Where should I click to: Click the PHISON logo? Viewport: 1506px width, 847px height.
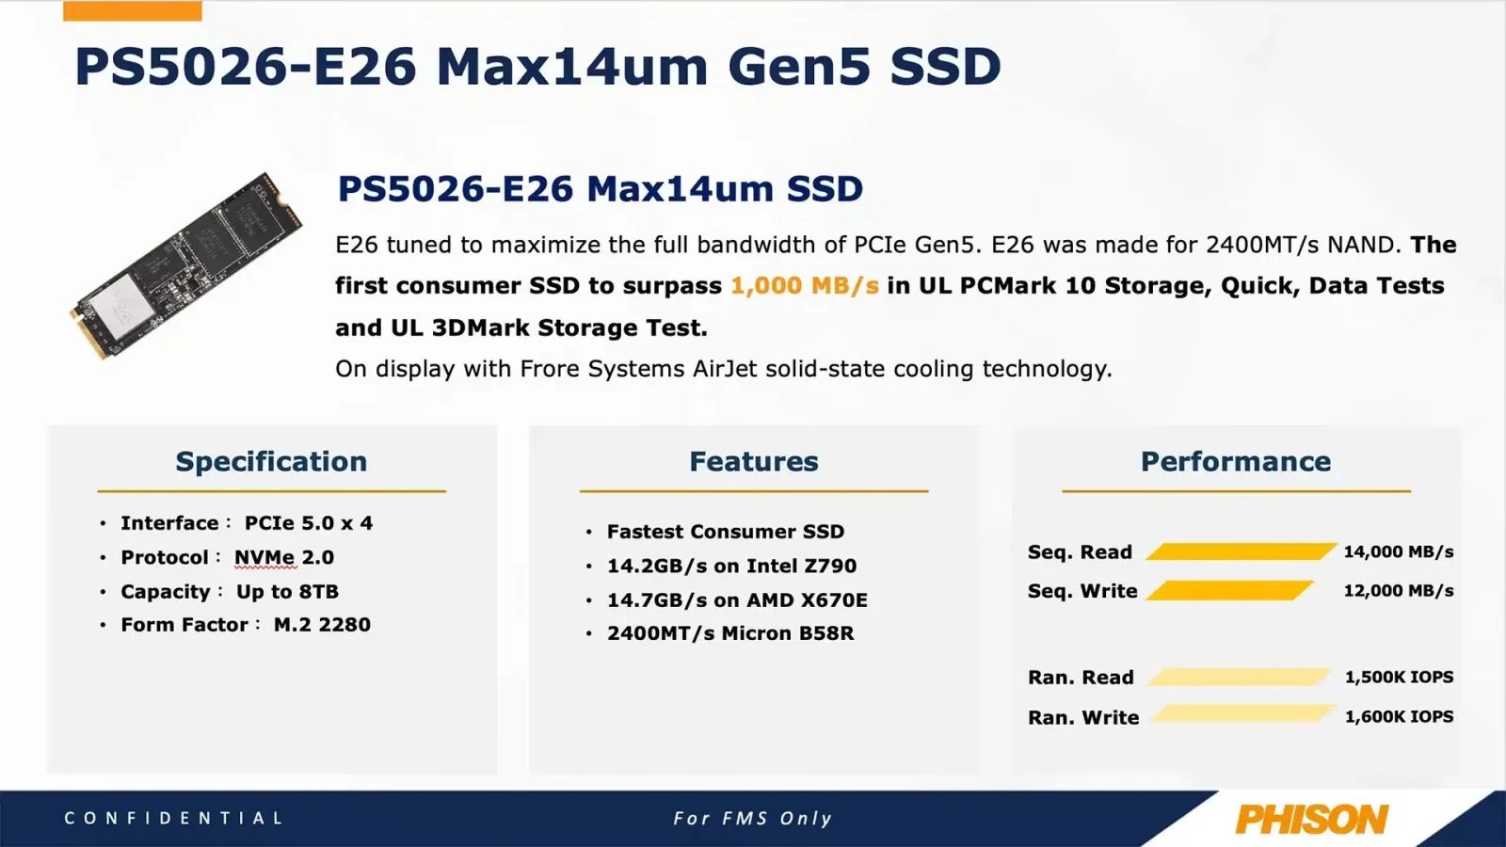(1311, 819)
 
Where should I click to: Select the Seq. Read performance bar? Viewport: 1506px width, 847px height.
(1240, 551)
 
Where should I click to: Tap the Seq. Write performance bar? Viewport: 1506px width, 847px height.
(1229, 591)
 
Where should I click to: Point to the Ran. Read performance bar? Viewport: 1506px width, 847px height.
(1238, 677)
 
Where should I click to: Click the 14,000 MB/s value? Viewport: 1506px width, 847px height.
(1398, 551)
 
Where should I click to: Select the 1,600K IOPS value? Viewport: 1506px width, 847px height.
(1399, 716)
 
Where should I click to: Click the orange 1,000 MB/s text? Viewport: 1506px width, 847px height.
(805, 285)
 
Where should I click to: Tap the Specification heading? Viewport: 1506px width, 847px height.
(271, 461)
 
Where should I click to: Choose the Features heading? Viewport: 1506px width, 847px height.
(754, 461)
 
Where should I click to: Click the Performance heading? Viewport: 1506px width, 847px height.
(1236, 461)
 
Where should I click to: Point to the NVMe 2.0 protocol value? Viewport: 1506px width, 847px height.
(284, 557)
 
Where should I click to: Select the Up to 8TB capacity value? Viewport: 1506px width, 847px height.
(287, 591)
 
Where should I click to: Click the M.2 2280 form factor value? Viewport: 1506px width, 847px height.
(322, 624)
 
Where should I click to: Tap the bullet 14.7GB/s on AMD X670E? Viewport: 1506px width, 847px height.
(737, 599)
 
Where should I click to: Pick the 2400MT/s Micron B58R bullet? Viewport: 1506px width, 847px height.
(730, 633)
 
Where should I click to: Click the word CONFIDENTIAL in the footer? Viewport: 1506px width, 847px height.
(174, 818)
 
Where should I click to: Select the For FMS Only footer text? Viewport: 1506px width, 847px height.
(753, 818)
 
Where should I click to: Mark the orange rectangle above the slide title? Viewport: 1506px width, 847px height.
(132, 11)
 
